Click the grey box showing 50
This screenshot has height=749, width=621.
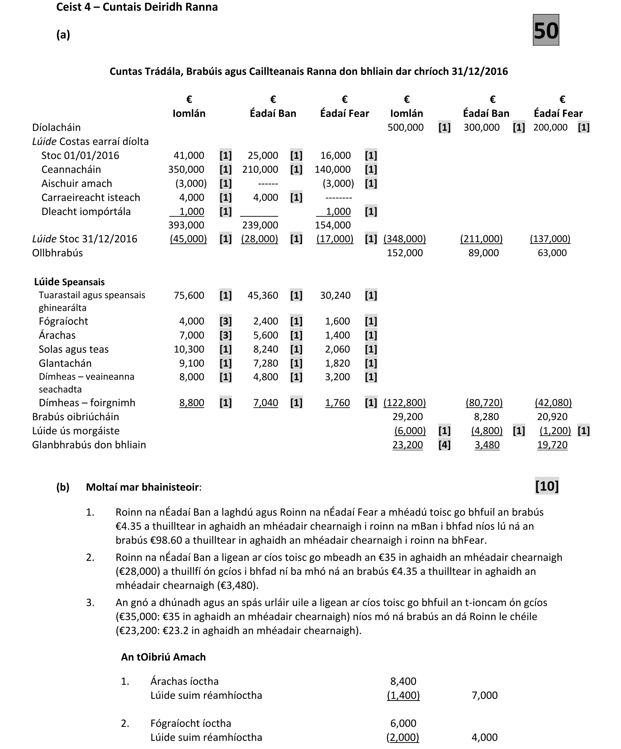click(x=546, y=30)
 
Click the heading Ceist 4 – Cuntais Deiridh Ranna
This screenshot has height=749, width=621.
click(x=137, y=7)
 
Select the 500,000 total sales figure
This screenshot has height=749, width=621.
click(x=405, y=127)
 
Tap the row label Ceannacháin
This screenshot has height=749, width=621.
click(x=71, y=169)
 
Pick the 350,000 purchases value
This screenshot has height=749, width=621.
click(x=186, y=169)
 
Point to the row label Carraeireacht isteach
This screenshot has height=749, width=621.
click(x=91, y=198)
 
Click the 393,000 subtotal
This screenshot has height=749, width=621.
click(x=186, y=225)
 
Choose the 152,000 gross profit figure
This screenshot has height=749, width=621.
click(x=405, y=253)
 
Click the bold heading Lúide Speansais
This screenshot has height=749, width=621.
click(x=70, y=282)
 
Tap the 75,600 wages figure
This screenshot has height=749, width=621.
click(x=189, y=295)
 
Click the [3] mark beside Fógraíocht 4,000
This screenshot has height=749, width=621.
click(x=225, y=321)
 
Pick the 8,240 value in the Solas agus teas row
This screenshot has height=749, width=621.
click(x=266, y=349)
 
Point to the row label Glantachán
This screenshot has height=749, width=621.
click(x=65, y=363)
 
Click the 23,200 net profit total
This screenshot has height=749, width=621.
click(x=408, y=445)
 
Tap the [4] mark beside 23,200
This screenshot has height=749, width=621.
click(x=444, y=445)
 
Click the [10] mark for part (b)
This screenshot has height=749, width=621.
click(x=547, y=486)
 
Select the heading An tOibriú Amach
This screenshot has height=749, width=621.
click(x=163, y=657)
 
